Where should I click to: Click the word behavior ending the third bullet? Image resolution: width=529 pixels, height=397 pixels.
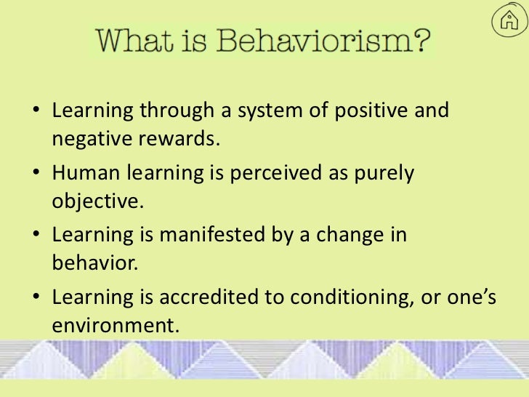(93, 263)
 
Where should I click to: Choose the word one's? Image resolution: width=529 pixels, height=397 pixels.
(469, 297)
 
